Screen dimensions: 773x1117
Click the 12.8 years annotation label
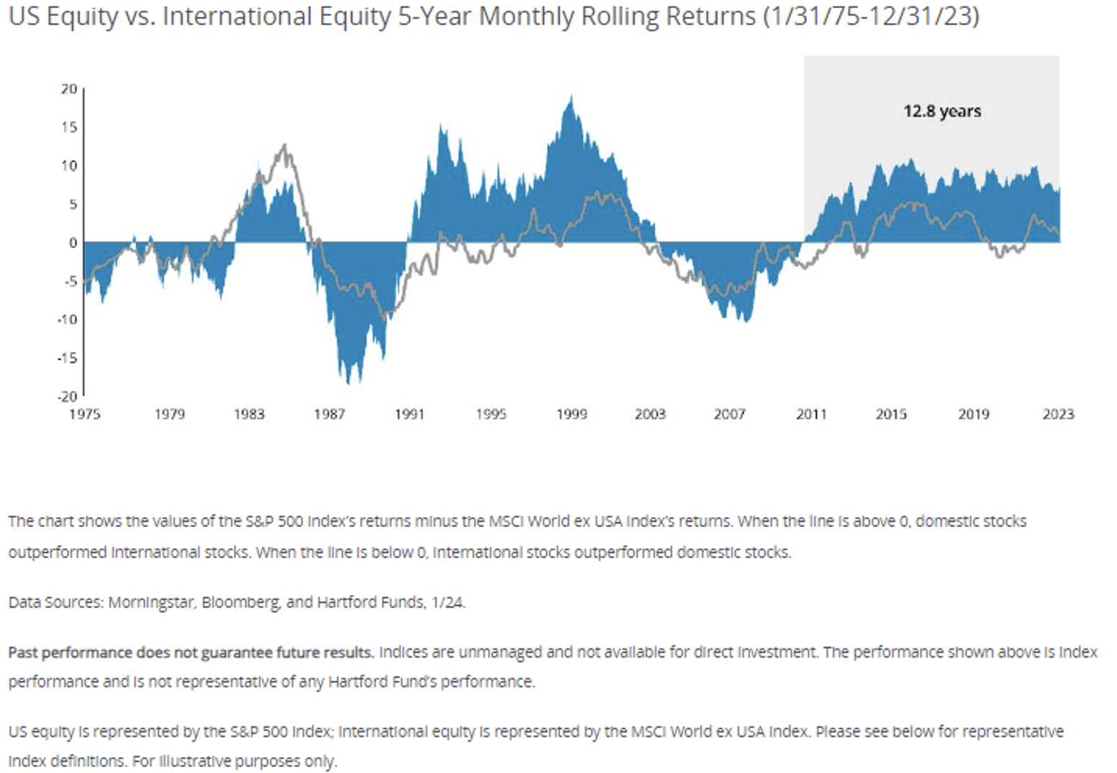tap(942, 111)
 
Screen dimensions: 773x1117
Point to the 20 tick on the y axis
tap(69, 89)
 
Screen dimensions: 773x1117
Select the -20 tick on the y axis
tap(67, 396)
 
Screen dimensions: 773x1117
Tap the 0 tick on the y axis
tap(73, 242)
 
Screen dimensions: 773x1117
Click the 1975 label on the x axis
tap(84, 414)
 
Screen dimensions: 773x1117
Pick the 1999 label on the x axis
tap(571, 414)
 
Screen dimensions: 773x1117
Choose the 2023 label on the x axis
tap(1058, 414)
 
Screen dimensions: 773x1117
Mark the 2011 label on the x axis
tap(811, 414)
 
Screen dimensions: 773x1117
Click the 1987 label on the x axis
tap(329, 414)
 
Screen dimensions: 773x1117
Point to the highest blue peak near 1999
tap(571, 97)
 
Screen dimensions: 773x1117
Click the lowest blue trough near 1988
tap(349, 382)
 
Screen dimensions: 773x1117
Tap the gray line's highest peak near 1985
tap(284, 145)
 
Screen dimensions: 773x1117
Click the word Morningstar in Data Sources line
tap(151, 602)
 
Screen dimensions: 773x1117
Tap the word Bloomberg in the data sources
tap(240, 602)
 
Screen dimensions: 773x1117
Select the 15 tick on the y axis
tap(69, 127)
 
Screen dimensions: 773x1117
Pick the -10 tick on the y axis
tap(67, 319)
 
